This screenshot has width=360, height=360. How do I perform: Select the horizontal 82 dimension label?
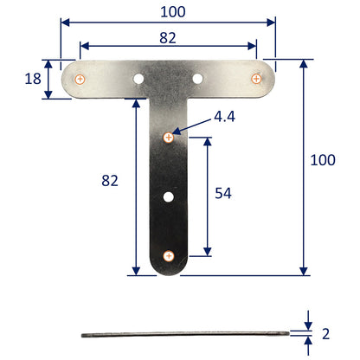click(x=169, y=37)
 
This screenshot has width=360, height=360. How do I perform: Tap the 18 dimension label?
click(x=33, y=79)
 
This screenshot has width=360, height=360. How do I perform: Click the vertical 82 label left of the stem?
click(x=109, y=180)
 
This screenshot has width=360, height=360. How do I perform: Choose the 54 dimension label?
click(x=222, y=194)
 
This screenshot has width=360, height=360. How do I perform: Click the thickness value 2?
click(x=325, y=333)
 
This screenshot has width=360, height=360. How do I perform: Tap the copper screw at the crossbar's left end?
click(x=80, y=79)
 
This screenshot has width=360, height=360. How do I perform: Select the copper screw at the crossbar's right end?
click(x=256, y=79)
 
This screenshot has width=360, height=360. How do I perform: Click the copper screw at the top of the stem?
click(x=169, y=136)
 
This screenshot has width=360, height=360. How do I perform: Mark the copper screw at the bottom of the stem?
click(x=169, y=255)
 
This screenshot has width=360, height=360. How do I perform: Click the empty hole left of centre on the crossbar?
click(x=138, y=79)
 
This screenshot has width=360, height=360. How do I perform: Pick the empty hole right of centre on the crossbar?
click(x=198, y=79)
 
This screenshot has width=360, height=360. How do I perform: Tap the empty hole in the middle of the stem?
click(x=169, y=196)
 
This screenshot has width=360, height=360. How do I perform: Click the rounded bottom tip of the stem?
click(x=169, y=273)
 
